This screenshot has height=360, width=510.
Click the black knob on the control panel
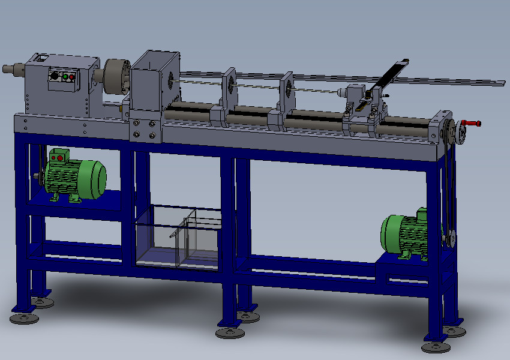pos(53,76)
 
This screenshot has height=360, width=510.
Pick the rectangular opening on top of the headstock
pos(41,58)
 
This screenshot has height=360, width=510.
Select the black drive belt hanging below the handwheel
pos(449,180)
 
